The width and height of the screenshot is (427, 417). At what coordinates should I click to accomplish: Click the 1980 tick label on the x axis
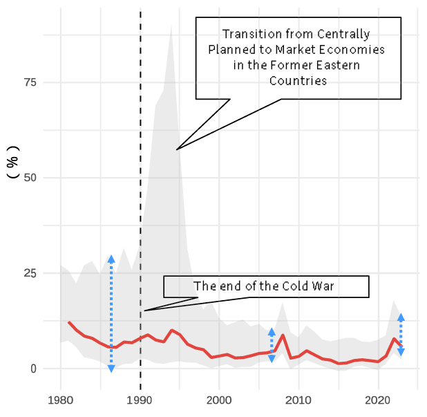pos(61,401)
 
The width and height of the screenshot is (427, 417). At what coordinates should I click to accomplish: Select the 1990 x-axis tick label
pos(140,401)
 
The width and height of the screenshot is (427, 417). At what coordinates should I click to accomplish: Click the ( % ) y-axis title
pos(12,163)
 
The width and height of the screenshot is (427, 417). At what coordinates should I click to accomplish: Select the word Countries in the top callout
pos(298,81)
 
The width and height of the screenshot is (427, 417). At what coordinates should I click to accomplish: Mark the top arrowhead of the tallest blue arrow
pos(111,259)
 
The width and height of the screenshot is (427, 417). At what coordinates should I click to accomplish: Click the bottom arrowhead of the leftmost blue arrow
pos(111,368)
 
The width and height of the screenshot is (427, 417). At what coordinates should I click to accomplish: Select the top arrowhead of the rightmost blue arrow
pos(401,317)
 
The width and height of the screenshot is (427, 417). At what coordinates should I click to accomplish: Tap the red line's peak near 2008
pos(283,335)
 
